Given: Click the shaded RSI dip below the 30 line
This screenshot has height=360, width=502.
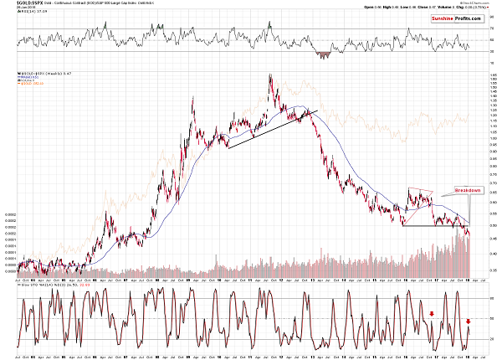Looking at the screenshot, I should point(323,54).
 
